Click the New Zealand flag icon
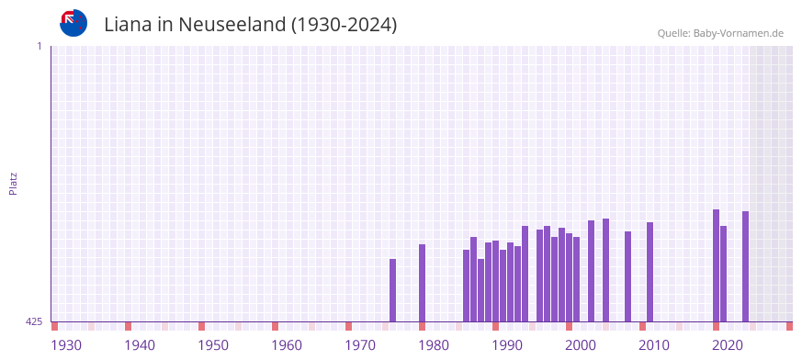73,23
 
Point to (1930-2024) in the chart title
344,25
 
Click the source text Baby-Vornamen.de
738,33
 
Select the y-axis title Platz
13,183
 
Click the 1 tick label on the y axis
39,46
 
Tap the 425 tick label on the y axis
34,321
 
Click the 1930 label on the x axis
66,345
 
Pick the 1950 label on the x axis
213,345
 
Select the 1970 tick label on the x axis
360,345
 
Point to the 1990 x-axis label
507,345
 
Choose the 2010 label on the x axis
654,345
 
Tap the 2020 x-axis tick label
728,345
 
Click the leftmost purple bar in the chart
392,290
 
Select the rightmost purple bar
745,266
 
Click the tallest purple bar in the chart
716,265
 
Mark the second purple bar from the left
422,283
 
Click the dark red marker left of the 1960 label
275,326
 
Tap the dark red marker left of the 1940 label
128,326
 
